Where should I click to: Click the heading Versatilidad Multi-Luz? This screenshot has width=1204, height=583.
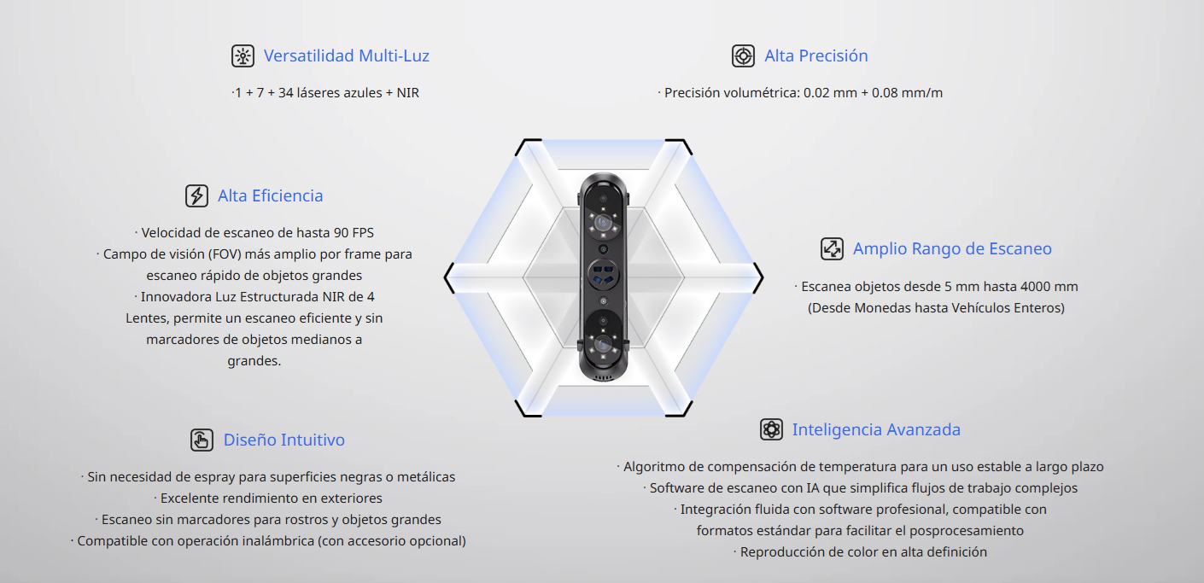tap(346, 55)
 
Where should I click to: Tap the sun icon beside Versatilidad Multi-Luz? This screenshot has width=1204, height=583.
tap(243, 55)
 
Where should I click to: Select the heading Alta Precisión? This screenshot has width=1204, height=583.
tap(816, 55)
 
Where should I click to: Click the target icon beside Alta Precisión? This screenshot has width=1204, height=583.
tap(744, 55)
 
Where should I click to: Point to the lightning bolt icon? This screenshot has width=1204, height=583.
tap(196, 195)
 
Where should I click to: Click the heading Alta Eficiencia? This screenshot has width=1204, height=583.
tap(271, 195)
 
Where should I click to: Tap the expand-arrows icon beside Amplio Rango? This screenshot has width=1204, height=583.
tap(832, 248)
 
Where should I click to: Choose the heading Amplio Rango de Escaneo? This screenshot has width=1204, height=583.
tap(952, 248)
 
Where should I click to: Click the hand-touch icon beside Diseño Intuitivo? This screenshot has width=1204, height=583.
tap(202, 440)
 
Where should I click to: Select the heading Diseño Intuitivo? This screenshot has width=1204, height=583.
tap(283, 440)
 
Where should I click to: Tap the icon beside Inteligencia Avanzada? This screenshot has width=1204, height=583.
tap(771, 429)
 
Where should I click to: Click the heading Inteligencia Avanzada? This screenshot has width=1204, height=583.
tap(876, 430)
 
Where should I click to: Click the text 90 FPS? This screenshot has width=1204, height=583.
tap(354, 233)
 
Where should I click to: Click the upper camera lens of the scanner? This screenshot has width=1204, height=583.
tap(603, 222)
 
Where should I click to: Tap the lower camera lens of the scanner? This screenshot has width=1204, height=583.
tap(603, 343)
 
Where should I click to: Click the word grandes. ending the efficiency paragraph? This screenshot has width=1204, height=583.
tap(254, 361)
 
